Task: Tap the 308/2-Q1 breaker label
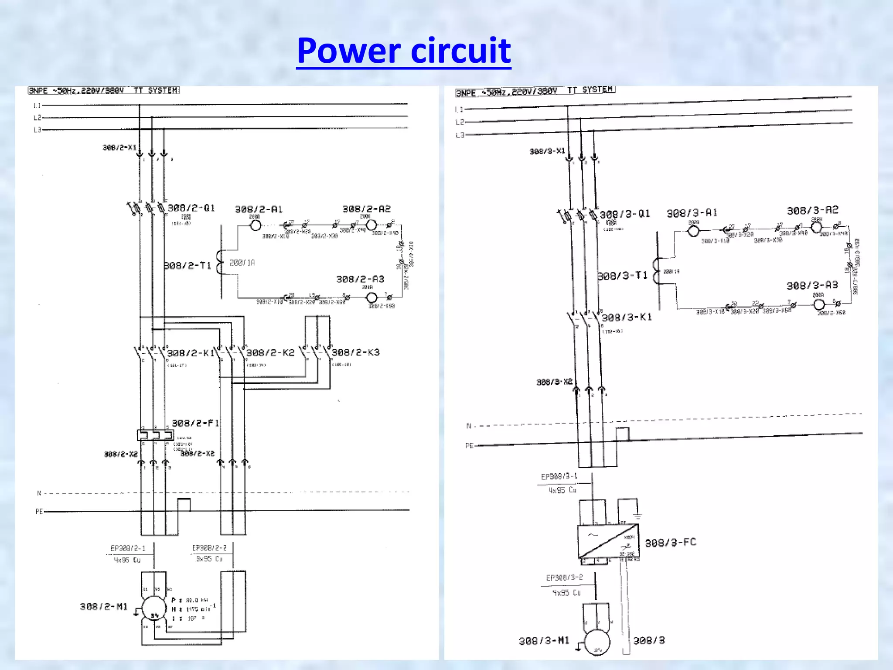191,208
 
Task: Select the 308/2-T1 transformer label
187,265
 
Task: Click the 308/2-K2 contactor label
270,352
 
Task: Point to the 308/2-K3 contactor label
356,352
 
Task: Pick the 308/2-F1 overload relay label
195,423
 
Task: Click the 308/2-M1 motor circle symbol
154,608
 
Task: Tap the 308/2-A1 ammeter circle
256,226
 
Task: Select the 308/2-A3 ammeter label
360,279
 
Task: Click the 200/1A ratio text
242,263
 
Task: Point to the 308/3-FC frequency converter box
608,541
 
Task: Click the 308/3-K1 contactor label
627,317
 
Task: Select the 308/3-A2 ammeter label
812,210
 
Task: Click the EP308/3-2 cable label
564,578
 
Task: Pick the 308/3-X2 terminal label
554,382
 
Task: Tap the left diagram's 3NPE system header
104,90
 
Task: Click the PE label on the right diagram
469,446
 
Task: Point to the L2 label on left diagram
37,118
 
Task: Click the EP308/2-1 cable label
128,548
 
